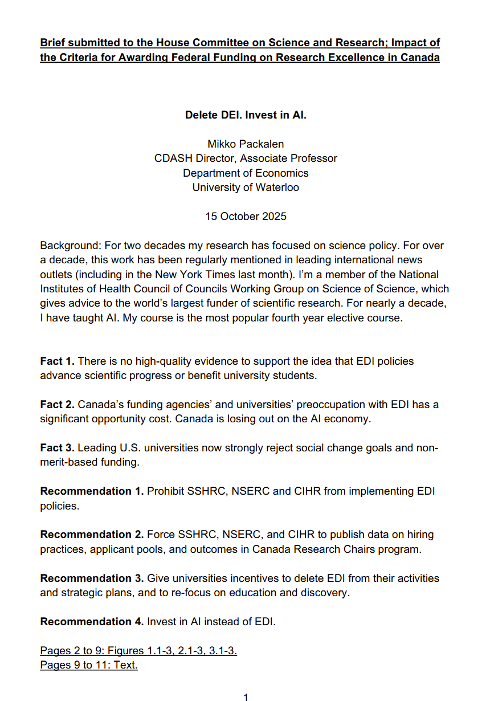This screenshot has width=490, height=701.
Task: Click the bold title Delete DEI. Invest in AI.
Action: [246, 115]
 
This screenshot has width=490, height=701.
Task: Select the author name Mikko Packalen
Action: [246, 144]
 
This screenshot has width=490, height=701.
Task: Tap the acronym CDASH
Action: [171, 158]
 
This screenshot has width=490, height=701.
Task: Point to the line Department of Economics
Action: [246, 173]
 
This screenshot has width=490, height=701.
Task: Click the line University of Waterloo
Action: [246, 188]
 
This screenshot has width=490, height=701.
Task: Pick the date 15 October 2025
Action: [246, 217]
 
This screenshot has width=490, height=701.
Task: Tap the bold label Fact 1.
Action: [57, 361]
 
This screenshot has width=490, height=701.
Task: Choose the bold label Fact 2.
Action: [57, 405]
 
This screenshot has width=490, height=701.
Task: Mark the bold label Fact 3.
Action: [57, 448]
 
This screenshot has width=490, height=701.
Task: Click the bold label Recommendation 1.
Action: [92, 491]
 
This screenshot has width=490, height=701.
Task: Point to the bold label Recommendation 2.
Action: [92, 535]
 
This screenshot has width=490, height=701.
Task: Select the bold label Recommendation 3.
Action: [92, 578]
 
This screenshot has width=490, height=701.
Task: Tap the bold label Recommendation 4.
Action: [92, 621]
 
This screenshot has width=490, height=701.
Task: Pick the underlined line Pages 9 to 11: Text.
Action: [89, 665]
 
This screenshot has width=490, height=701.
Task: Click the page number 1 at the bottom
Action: [246, 697]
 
